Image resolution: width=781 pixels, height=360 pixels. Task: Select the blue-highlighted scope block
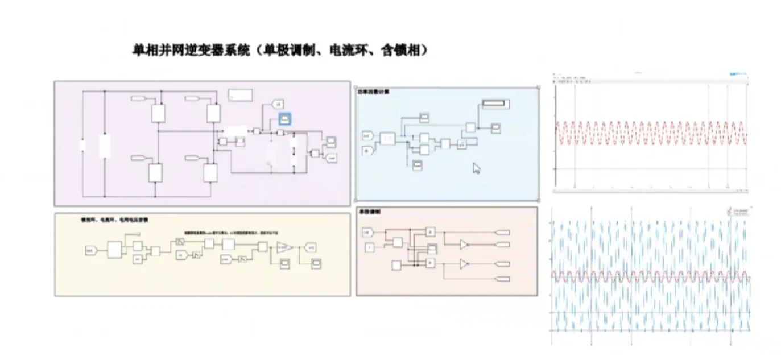pyautogui.click(x=284, y=118)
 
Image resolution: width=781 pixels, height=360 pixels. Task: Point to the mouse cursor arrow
pyautogui.click(x=476, y=168)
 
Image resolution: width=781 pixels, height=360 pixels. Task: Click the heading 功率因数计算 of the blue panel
pyautogui.click(x=373, y=92)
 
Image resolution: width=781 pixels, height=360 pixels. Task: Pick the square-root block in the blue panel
pyautogui.click(x=462, y=144)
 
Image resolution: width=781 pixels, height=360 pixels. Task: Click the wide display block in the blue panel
pyautogui.click(x=495, y=104)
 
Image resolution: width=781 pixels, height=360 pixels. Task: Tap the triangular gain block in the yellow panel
pyautogui.click(x=285, y=247)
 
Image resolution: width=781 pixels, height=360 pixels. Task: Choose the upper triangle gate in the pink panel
pyautogui.click(x=464, y=244)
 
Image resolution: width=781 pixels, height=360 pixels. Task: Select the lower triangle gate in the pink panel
pyautogui.click(x=464, y=264)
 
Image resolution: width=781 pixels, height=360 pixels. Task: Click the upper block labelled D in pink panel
pyautogui.click(x=431, y=231)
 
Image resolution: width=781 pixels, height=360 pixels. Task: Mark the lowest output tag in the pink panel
pyautogui.click(x=503, y=279)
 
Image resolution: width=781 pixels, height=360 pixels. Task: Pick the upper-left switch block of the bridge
pyautogui.click(x=158, y=113)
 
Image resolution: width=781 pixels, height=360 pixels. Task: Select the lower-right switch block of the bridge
pyautogui.click(x=210, y=172)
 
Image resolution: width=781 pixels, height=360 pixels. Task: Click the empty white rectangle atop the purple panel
pyautogui.click(x=239, y=96)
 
